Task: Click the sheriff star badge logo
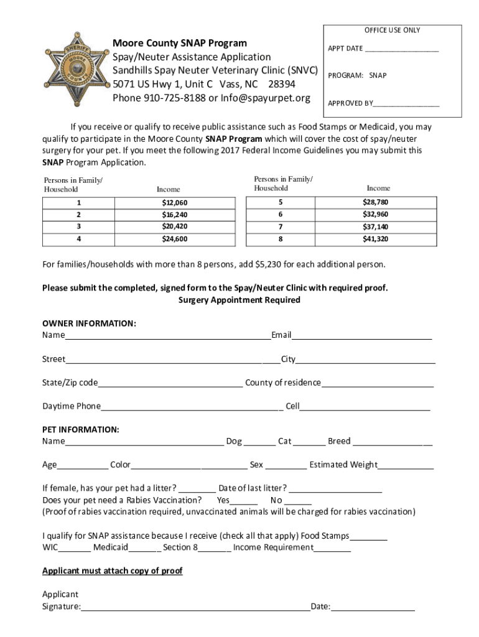coord(74,68)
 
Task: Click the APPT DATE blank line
coord(402,49)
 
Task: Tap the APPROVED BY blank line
coord(406,104)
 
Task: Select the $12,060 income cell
coord(175,203)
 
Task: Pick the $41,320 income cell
coord(375,239)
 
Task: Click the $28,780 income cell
coord(375,202)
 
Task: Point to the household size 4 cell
coord(79,239)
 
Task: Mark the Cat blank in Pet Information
coord(309,443)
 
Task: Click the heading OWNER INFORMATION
coord(89,323)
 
